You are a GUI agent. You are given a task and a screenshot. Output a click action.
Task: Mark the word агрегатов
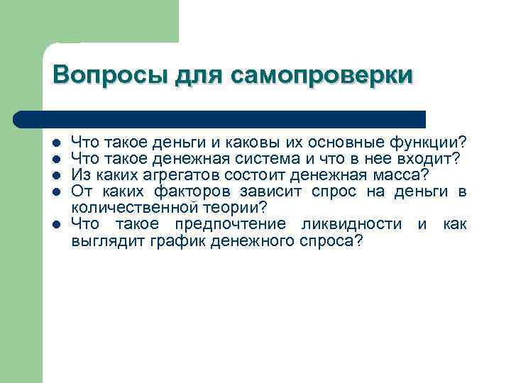pos(194,175)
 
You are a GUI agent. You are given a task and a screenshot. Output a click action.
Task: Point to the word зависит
pos(273,191)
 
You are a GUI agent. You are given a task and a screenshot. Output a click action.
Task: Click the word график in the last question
pos(166,241)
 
